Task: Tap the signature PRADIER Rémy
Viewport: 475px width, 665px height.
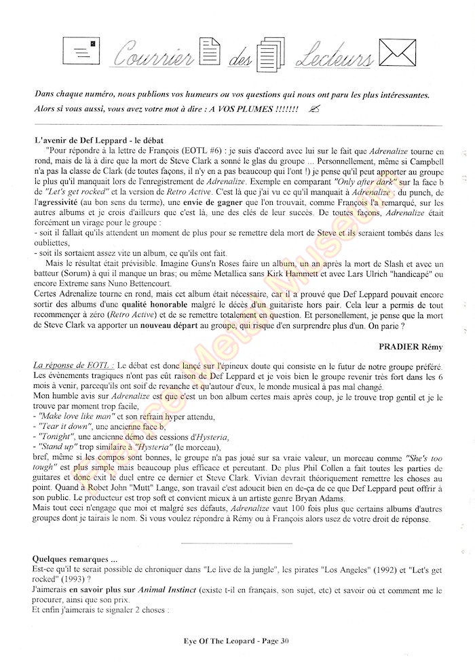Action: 407,347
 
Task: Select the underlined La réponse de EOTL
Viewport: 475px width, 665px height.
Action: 74,365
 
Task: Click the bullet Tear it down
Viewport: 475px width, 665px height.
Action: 64,426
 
